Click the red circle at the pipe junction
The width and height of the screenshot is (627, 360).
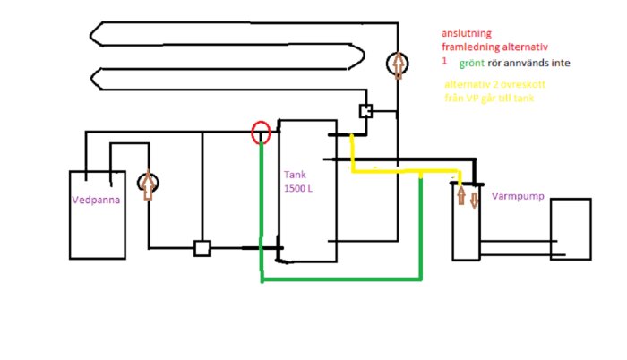[x=260, y=133]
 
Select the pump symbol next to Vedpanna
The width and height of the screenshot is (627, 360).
[x=147, y=184]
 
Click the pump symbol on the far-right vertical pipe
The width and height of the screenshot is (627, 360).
[x=397, y=64]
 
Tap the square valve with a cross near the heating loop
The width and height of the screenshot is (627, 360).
[x=365, y=112]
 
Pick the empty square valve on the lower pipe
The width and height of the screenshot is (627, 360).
[x=202, y=248]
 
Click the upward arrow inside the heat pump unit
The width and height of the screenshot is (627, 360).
[x=461, y=195]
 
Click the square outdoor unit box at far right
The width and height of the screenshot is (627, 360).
[x=571, y=228]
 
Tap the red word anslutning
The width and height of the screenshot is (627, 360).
[x=466, y=32]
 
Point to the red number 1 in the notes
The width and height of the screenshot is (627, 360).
[x=443, y=61]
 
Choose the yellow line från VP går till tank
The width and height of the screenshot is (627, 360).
[x=489, y=98]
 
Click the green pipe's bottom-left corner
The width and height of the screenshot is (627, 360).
[x=262, y=280]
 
